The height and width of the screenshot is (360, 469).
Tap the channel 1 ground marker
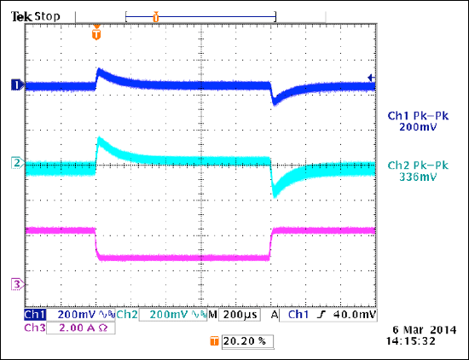click(x=14, y=84)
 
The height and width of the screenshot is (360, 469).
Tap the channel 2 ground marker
click(x=14, y=161)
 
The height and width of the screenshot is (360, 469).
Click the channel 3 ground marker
click(x=14, y=283)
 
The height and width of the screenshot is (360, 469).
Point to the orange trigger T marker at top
click(x=96, y=36)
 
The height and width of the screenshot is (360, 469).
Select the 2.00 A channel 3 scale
click(x=75, y=328)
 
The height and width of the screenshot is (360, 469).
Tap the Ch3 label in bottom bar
click(x=35, y=328)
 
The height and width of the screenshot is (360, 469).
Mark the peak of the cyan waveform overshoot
click(x=100, y=139)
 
